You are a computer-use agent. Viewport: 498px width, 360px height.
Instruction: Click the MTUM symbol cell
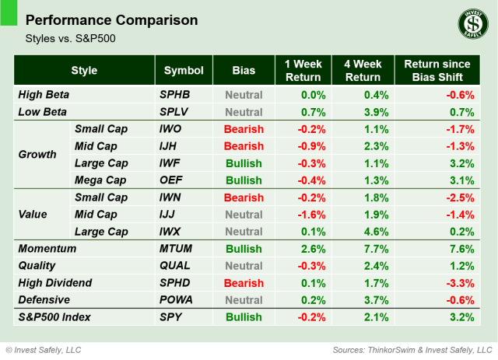click(x=177, y=249)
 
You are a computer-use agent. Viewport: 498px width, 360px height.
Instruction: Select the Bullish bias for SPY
click(x=244, y=317)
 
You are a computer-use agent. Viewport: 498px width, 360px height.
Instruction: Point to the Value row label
click(x=33, y=215)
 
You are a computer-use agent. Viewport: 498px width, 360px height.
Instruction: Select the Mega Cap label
click(x=100, y=180)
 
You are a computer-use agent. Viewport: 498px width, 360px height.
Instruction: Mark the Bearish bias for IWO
click(x=244, y=129)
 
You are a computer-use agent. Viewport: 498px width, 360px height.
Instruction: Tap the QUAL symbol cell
click(x=177, y=266)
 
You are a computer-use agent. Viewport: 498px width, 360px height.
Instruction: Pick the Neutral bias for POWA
click(x=244, y=300)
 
